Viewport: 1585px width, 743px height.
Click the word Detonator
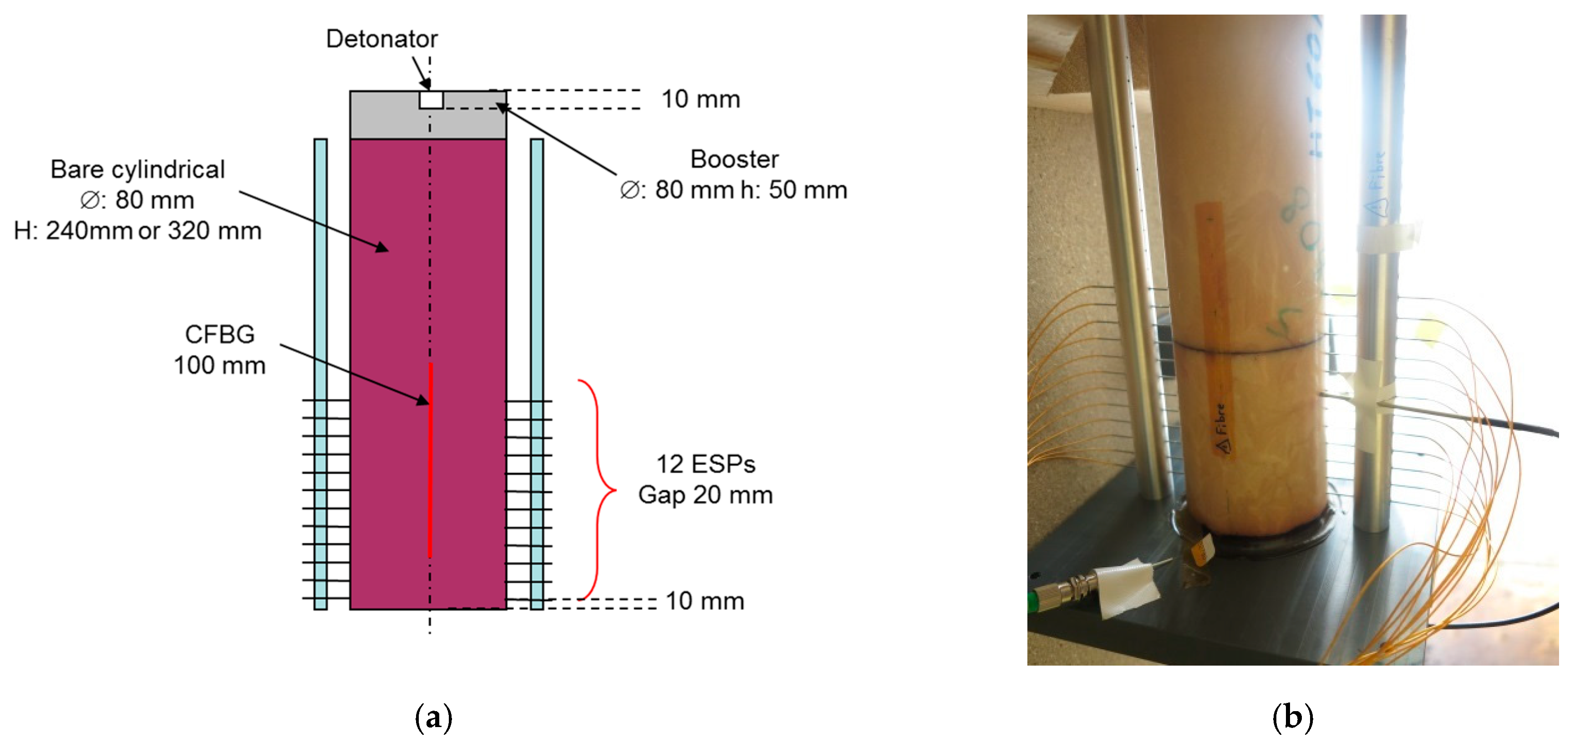tap(381, 39)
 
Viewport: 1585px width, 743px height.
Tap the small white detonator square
tap(431, 100)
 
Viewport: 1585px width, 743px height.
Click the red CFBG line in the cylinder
tap(431, 462)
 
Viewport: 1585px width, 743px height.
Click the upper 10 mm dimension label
tap(700, 99)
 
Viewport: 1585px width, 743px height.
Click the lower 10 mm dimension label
tap(705, 601)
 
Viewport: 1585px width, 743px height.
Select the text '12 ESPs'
tap(705, 464)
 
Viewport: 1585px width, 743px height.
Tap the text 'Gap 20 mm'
tap(705, 495)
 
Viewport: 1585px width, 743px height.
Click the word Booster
tap(734, 159)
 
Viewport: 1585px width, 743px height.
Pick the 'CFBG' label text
tap(220, 334)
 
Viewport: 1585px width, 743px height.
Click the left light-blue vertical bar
tap(320, 277)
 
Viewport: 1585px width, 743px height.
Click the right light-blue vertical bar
tap(537, 277)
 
